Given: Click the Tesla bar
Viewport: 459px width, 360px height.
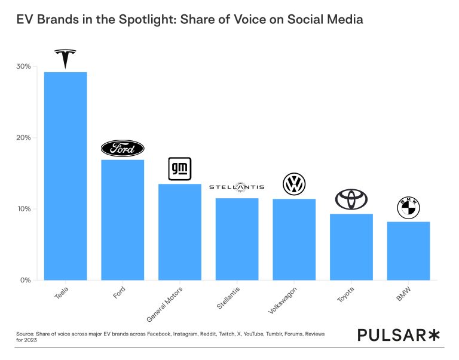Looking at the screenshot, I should [65, 176].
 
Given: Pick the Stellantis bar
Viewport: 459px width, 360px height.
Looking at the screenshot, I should [237, 239].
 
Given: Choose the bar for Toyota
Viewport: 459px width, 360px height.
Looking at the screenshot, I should [351, 247].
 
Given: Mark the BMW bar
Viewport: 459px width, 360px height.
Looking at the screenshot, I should [408, 251].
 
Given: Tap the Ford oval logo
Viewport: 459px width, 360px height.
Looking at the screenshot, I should [123, 149].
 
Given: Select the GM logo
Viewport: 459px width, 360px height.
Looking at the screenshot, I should [179, 170].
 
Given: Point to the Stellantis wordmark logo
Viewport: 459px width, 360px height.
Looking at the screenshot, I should [237, 187].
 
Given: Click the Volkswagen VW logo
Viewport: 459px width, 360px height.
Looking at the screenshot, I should [294, 184].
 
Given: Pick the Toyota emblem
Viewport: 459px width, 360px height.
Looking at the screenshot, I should [351, 199].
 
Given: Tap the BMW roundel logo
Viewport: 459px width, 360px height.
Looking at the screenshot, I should [408, 208].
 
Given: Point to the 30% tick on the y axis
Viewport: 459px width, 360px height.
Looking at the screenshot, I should [25, 66].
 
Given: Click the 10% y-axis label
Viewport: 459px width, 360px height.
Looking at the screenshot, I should [25, 209].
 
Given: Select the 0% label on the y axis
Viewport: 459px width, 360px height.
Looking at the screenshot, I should [26, 280].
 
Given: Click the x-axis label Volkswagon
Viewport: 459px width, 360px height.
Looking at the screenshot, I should [283, 300].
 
